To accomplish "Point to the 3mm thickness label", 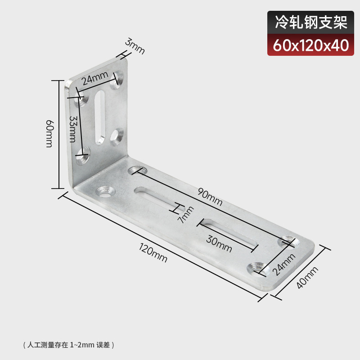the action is [x=135, y=46].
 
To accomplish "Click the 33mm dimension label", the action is [x=74, y=128].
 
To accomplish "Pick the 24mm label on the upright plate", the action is [x=94, y=79].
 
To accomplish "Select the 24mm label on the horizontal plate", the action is [x=284, y=264].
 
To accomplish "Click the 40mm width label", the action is [x=307, y=277].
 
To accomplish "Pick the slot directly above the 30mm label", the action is [x=229, y=232].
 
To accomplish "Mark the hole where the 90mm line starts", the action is [x=135, y=171].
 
